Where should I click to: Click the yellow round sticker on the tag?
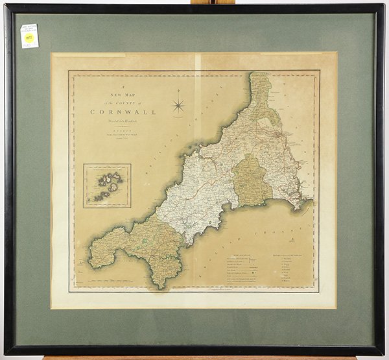coord(29,39)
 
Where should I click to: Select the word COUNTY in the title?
coord(118,102)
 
